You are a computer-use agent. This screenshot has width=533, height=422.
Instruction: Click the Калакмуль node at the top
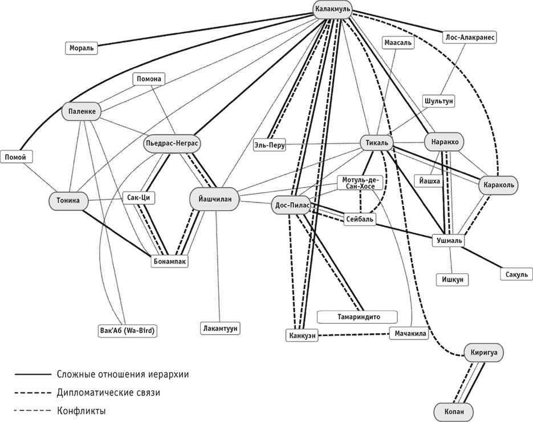[332, 7]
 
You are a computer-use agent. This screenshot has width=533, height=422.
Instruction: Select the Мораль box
[82, 48]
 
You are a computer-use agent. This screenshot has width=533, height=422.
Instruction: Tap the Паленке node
[81, 111]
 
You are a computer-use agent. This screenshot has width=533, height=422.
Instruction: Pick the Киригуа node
[484, 352]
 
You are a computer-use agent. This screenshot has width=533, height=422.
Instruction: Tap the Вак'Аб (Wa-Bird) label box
[128, 330]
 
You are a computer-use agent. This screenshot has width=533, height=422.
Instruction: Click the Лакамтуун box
[220, 328]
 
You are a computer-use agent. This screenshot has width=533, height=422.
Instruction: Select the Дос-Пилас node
[292, 206]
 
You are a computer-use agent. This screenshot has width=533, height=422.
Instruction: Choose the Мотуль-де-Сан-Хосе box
[359, 183]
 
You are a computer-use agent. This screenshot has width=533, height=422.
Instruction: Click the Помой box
[15, 157]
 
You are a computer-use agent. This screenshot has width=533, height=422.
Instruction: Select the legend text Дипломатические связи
[108, 392]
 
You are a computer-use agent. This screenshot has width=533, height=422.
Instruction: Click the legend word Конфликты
[81, 410]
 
